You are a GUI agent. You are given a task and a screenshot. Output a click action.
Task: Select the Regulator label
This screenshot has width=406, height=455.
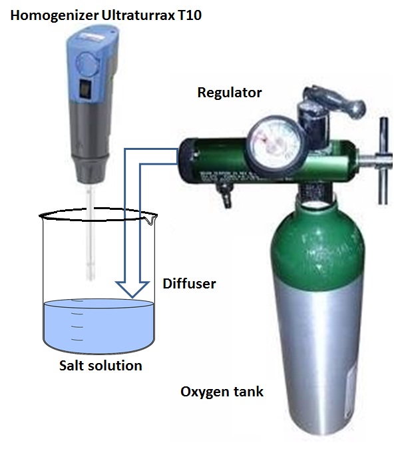coord(230,92)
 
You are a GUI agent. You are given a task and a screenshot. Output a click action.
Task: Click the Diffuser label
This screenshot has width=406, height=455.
coord(189,284)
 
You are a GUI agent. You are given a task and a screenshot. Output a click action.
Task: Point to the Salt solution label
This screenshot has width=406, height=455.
coord(100,365)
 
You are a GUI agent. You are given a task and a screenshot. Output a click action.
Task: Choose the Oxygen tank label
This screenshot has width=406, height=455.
coord(222,392)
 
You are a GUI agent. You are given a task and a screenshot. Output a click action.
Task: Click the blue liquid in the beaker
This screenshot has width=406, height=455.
coord(100,326)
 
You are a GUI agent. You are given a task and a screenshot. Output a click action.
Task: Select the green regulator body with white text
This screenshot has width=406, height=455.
coord(213,160)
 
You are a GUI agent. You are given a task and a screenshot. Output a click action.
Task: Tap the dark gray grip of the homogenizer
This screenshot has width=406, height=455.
coord(90,147)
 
